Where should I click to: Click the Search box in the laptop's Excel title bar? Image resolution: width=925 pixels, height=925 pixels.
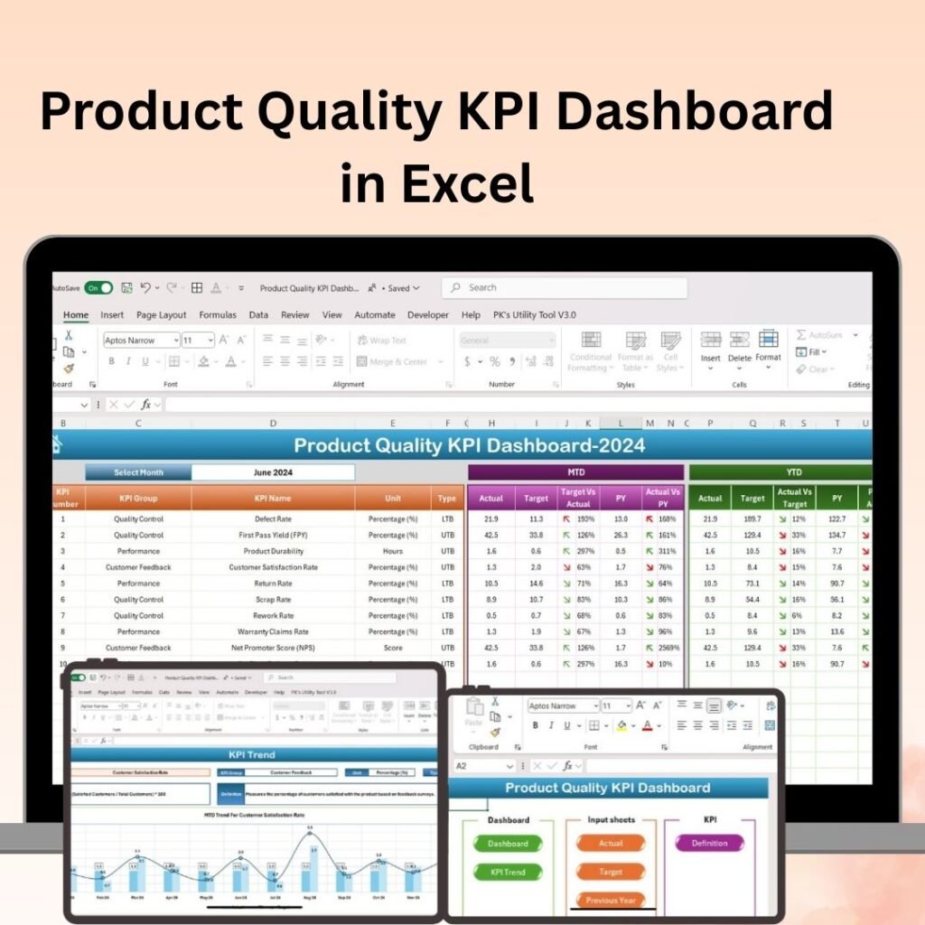tap(565, 287)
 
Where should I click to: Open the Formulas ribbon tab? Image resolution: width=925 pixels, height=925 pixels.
tap(218, 315)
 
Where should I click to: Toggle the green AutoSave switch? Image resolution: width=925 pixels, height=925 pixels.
tap(98, 288)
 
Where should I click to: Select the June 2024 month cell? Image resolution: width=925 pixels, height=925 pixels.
tap(273, 472)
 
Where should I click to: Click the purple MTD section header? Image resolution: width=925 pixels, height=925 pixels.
tap(575, 472)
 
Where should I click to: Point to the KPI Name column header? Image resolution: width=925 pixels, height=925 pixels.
tap(273, 498)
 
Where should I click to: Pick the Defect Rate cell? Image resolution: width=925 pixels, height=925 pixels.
tap(273, 519)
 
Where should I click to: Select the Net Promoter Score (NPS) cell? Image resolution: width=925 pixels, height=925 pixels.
tap(273, 648)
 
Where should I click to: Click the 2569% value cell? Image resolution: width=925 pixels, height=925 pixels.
tap(668, 648)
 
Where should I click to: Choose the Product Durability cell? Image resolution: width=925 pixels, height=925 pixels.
tap(273, 551)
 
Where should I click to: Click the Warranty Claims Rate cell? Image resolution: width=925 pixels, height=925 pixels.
tap(273, 631)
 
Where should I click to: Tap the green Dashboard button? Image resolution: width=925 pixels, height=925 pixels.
tap(508, 844)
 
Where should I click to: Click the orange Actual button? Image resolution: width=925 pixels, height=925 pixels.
tap(611, 844)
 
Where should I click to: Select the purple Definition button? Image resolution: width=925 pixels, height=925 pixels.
tap(709, 844)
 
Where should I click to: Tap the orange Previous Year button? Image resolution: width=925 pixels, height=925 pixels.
tap(611, 900)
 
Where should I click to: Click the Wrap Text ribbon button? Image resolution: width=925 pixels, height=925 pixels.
tap(382, 341)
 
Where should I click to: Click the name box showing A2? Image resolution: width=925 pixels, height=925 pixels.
tap(483, 766)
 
